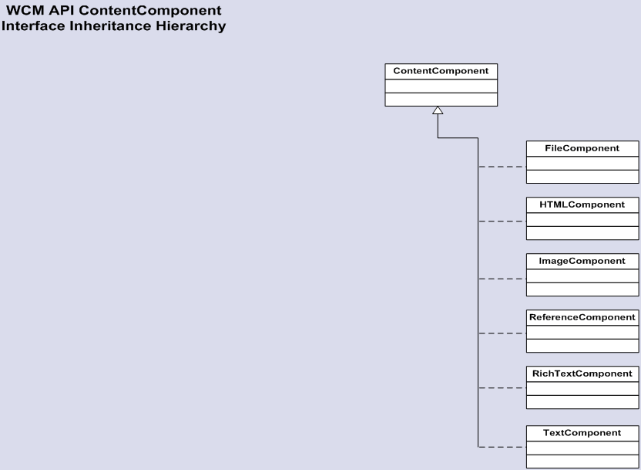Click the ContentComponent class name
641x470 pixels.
click(x=441, y=71)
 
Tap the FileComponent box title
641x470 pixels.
click(x=582, y=148)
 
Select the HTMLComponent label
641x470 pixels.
click(x=582, y=205)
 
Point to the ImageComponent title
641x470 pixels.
click(x=582, y=261)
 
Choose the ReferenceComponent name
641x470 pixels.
click(x=582, y=317)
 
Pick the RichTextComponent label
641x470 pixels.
click(x=582, y=374)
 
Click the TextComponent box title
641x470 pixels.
click(x=582, y=433)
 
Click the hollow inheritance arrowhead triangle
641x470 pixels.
click(x=438, y=110)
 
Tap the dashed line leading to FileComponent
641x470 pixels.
click(x=502, y=167)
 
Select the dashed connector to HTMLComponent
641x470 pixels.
click(x=502, y=221)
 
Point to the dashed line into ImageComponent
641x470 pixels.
click(x=502, y=279)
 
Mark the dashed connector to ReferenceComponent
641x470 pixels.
click(x=502, y=333)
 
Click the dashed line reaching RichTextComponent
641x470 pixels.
click(x=502, y=387)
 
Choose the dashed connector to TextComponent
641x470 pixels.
click(x=502, y=447)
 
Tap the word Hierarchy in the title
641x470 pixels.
click(x=191, y=26)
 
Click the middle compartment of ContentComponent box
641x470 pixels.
click(x=441, y=86)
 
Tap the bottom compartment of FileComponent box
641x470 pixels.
click(x=582, y=177)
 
